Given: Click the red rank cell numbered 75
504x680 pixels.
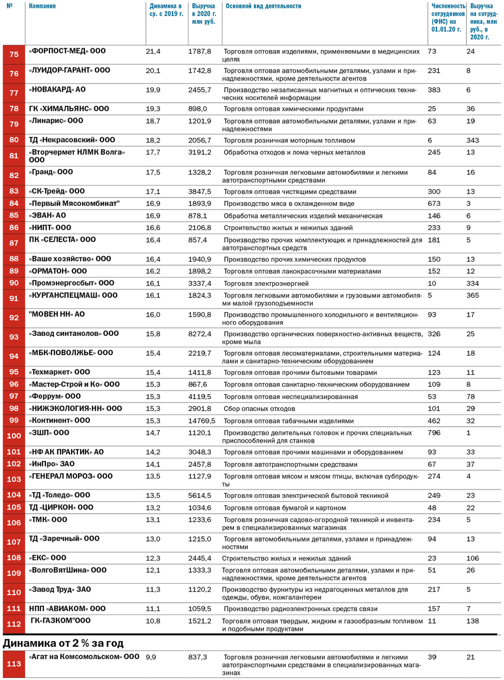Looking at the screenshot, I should [x=14, y=55].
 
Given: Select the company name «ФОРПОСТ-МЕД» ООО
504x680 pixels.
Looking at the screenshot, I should [x=67, y=51].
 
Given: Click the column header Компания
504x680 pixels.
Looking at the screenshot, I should [x=42, y=6].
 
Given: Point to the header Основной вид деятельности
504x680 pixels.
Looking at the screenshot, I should [x=263, y=6].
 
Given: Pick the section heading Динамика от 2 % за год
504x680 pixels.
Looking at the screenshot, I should [x=63, y=643].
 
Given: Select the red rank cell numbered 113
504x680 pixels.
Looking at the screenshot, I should [x=14, y=664].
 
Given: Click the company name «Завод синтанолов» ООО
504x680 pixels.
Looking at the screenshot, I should [x=74, y=334].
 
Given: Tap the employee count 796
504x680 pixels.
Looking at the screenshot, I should [x=434, y=433].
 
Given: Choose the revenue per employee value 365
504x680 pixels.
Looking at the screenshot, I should [x=472, y=295].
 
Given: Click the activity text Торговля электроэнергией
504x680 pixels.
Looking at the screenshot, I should [x=266, y=284].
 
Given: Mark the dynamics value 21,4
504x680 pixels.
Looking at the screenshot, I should [x=153, y=52].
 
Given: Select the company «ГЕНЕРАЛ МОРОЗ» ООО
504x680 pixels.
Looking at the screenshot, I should [x=71, y=476].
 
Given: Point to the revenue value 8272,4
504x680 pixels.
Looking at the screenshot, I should [x=200, y=334].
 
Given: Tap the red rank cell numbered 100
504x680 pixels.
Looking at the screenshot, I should [x=14, y=436].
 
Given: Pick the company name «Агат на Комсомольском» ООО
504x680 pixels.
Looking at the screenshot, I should [x=84, y=657].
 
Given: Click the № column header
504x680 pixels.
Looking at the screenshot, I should [x=9, y=6].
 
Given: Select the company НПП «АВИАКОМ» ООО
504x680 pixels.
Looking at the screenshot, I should [x=67, y=609].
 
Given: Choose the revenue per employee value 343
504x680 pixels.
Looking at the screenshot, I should [x=472, y=141].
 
